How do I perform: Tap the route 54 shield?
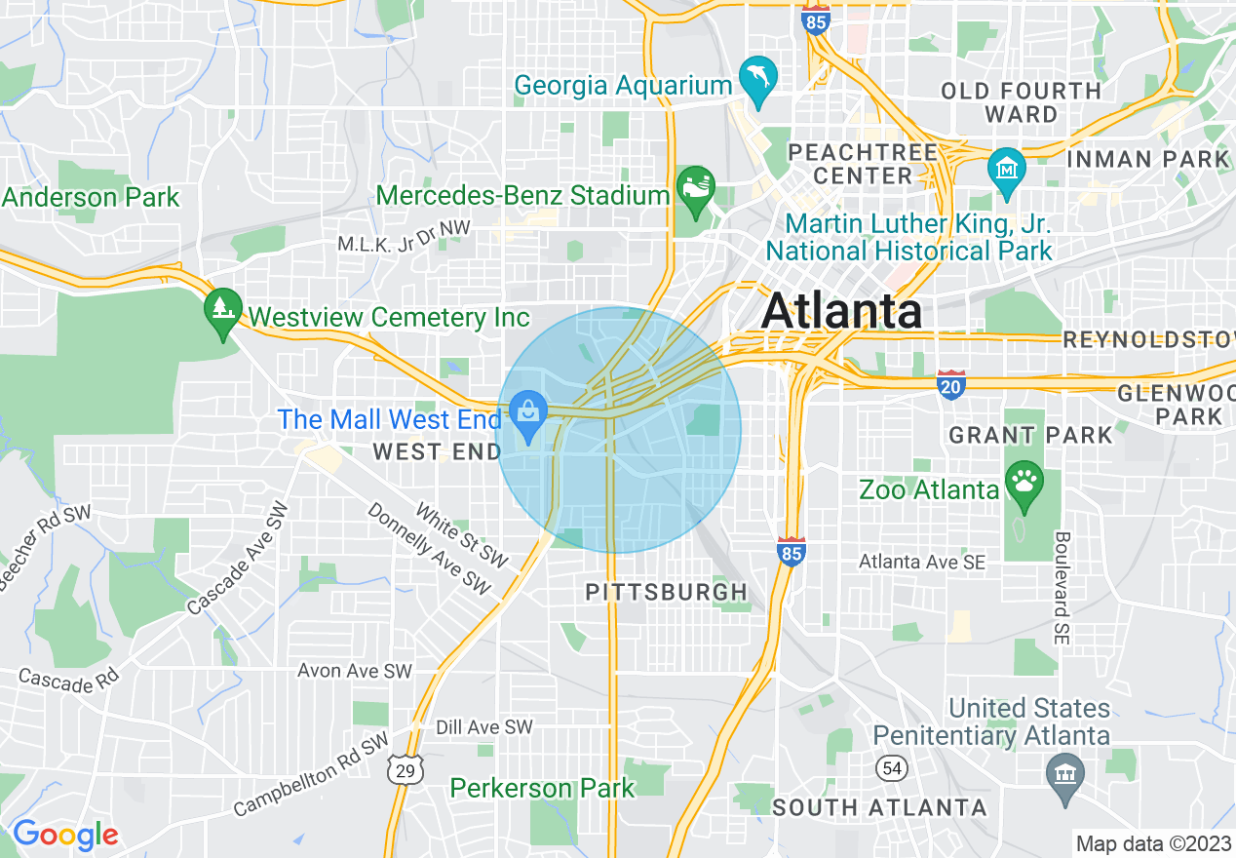[890, 767]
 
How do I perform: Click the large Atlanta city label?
[841, 312]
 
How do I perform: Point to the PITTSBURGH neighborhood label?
[667, 592]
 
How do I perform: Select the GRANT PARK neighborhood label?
[1030, 435]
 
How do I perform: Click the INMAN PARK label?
[1148, 158]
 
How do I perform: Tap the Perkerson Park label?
[542, 788]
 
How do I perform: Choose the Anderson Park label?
[91, 197]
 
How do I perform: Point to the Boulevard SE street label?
[1062, 587]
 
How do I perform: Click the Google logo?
[64, 835]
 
